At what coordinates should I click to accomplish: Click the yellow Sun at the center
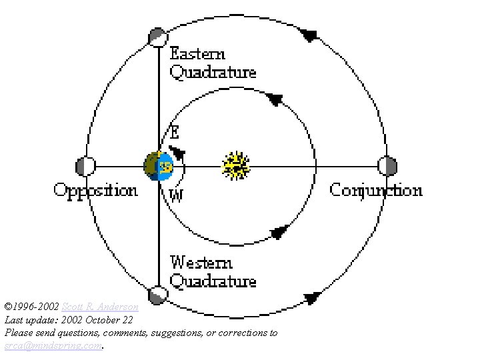tap(236, 166)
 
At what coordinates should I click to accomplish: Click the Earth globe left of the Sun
tap(159, 166)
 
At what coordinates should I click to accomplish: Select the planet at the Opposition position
tap(85, 166)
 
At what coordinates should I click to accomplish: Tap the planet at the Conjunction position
tap(387, 166)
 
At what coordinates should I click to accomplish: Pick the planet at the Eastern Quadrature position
tap(157, 37)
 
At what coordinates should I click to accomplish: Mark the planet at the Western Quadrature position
tap(157, 295)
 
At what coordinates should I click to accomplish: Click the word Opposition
tap(95, 191)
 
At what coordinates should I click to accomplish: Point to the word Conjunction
tap(376, 191)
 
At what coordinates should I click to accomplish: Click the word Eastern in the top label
tap(197, 54)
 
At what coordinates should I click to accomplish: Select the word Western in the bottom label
tap(201, 262)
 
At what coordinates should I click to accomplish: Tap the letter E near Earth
tap(175, 132)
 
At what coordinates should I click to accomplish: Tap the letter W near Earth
tap(176, 195)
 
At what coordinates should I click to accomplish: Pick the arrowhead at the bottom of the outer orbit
tap(312, 298)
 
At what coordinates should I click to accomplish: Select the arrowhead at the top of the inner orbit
tap(273, 99)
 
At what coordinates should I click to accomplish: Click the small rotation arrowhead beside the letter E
tap(177, 152)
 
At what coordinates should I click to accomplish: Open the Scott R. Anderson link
tap(100, 307)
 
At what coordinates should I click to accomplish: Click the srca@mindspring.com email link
tap(53, 345)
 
